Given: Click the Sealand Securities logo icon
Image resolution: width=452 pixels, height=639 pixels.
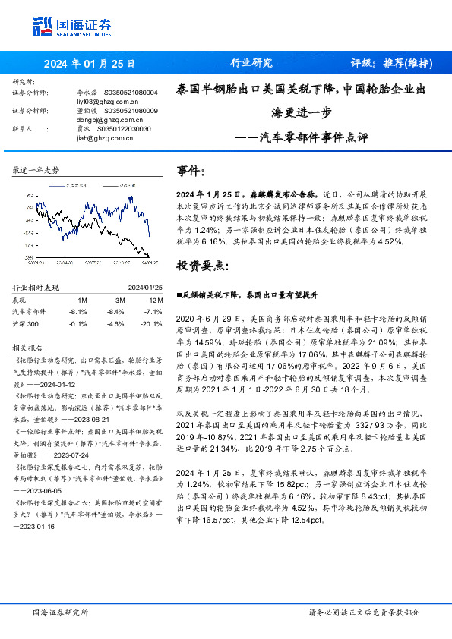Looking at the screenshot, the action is click(x=41, y=26).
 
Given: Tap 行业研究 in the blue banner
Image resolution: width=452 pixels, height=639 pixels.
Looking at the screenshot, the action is click(x=251, y=64).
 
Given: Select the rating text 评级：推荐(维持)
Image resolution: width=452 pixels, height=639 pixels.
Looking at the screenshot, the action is click(x=391, y=64).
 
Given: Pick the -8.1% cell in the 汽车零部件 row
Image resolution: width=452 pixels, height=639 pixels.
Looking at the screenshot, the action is click(x=78, y=311).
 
